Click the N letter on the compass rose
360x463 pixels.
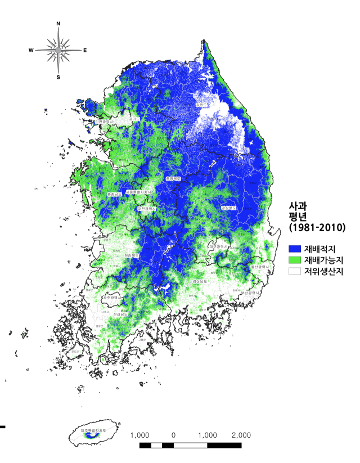(x=58, y=24)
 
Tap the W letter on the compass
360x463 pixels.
(x=31, y=51)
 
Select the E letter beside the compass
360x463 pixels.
(x=85, y=51)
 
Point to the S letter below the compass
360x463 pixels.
(x=58, y=77)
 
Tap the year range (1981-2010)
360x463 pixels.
(x=317, y=228)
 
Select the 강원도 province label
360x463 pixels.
(x=201, y=104)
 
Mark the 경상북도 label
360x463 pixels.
(x=228, y=208)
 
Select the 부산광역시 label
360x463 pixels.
(x=249, y=293)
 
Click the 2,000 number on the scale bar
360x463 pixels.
(x=241, y=435)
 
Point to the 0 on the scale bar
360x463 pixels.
(x=173, y=435)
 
